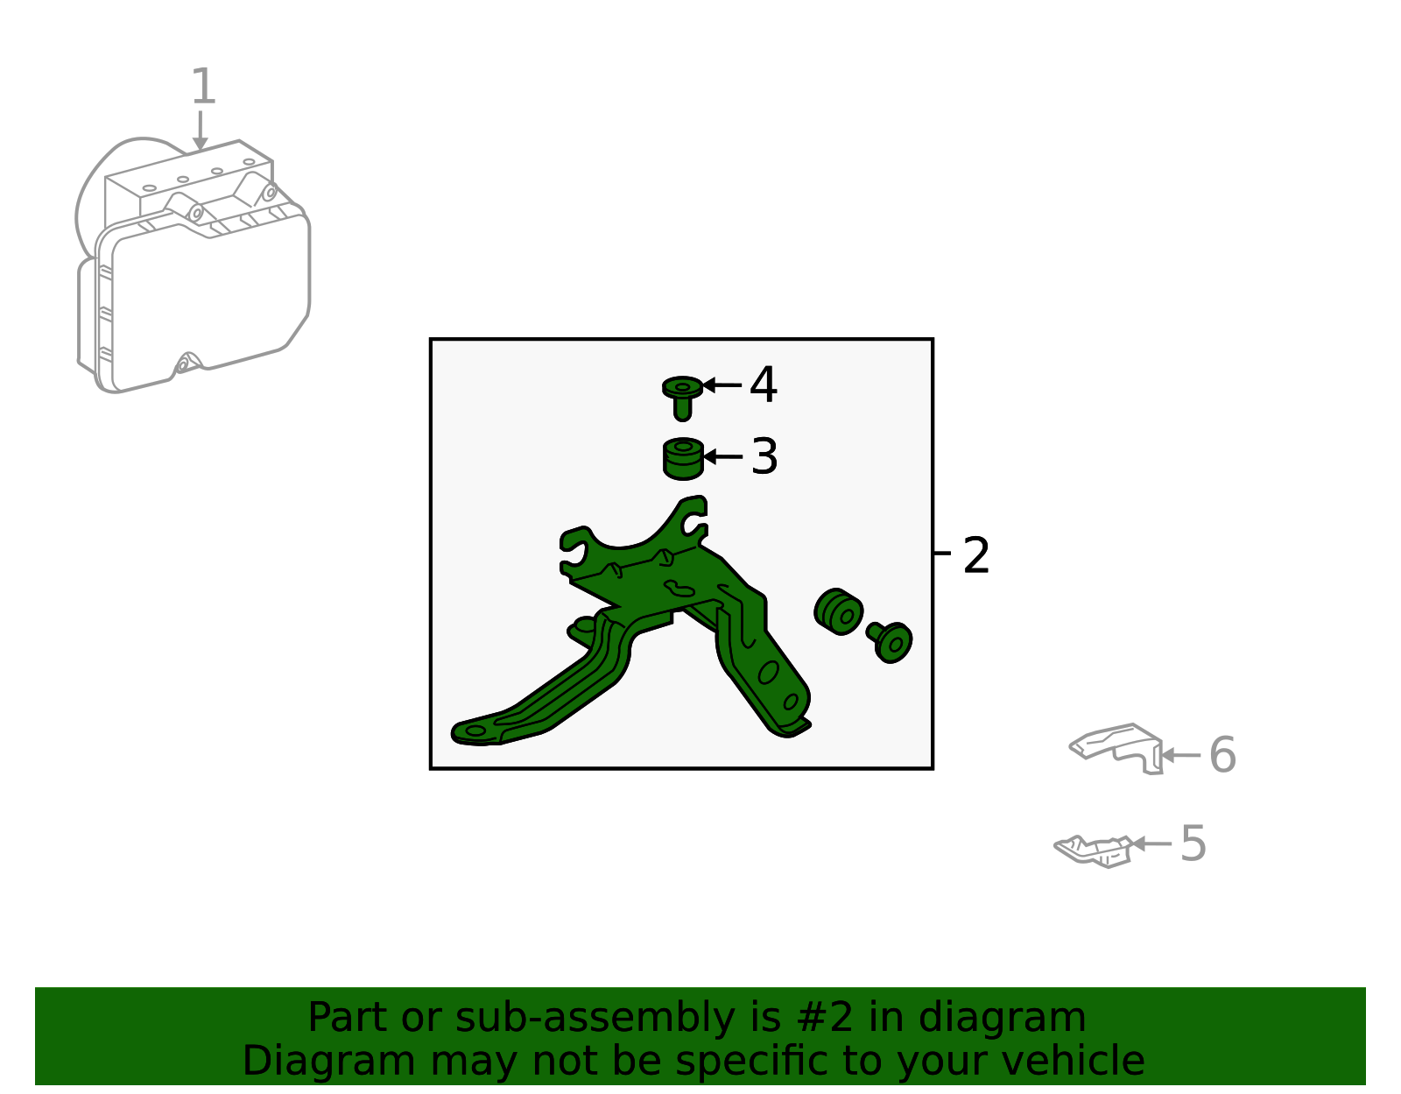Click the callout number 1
point(204,87)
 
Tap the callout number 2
point(976,555)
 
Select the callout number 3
point(764,456)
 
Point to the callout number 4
point(764,385)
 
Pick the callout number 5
point(1193,843)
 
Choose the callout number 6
point(1223,754)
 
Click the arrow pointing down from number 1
point(201,131)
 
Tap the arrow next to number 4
point(722,385)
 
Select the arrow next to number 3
point(722,457)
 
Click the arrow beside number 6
point(1180,755)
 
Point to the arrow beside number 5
point(1151,843)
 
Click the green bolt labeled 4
point(682,398)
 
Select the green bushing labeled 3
point(683,459)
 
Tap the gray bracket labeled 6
point(1116,748)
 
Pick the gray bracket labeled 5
point(1093,851)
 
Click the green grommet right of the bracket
point(838,611)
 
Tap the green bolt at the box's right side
point(890,641)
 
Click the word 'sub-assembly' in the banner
point(595,1017)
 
